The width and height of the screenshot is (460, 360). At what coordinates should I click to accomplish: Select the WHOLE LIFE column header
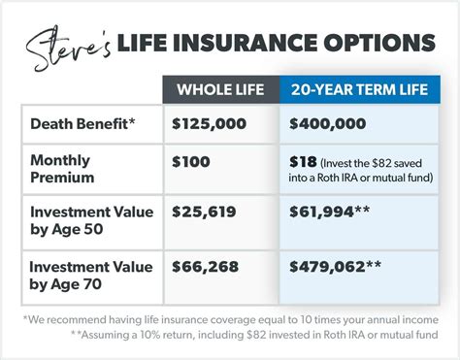pos(221,90)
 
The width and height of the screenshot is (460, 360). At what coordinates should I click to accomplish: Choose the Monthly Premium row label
pos(63,169)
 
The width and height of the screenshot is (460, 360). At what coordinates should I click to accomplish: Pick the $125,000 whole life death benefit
pos(209,124)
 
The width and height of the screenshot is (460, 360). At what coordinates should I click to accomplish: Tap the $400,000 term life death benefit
pos(328,124)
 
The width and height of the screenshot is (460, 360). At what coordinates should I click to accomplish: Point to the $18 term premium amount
pos(300,160)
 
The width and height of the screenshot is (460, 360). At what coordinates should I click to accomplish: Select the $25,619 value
pos(204,210)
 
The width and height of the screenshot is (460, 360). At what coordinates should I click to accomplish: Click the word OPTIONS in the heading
pos(377,44)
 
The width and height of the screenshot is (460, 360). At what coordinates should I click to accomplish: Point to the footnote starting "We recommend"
pos(229,319)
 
